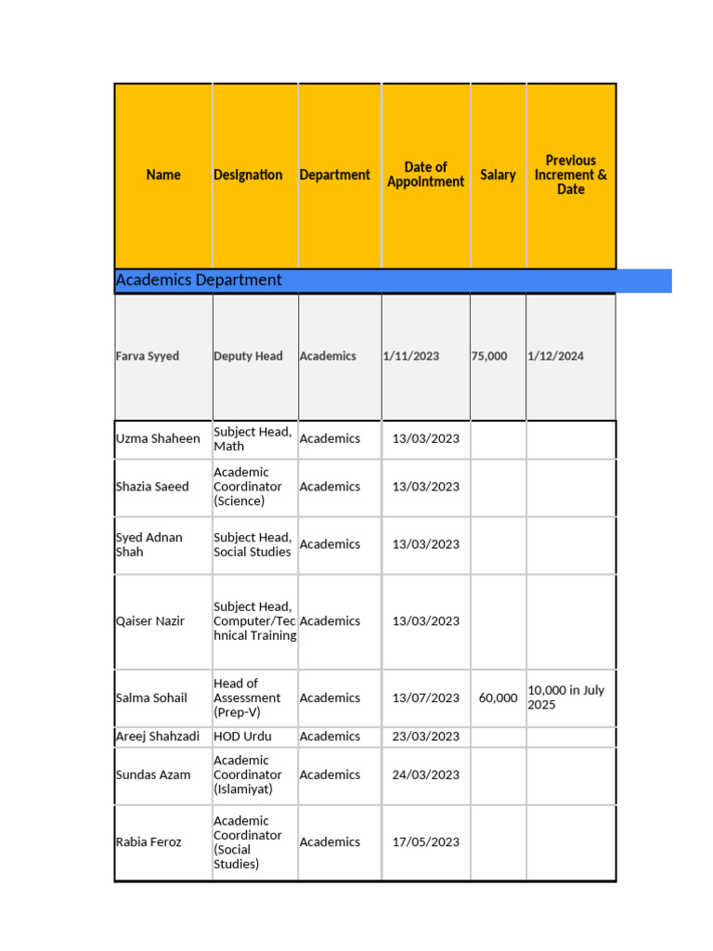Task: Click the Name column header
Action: [x=163, y=175]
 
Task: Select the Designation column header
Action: [x=248, y=175]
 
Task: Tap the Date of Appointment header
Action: [x=425, y=175]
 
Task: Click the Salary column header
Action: [x=498, y=175]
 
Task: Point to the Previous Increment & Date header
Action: [x=571, y=175]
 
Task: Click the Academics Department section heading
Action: [x=199, y=280]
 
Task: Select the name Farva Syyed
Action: [x=148, y=356]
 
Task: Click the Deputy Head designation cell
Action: [x=248, y=356]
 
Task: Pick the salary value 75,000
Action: [x=489, y=356]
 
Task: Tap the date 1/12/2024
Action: [x=555, y=356]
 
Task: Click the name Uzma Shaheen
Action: [x=158, y=438]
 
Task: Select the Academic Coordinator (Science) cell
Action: [x=248, y=487]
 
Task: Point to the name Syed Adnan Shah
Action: [x=149, y=544]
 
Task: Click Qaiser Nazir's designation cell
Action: [x=254, y=621]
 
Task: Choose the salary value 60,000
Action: [x=499, y=698]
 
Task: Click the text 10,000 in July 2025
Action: [x=566, y=697]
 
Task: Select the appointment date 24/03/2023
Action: [x=425, y=775]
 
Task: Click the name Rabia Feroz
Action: [x=149, y=842]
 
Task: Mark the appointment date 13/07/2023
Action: [x=425, y=698]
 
